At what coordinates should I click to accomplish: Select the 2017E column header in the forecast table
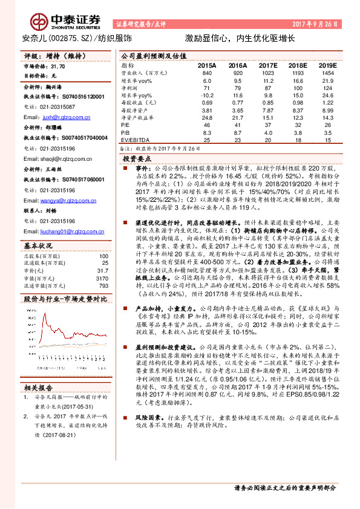click(267, 65)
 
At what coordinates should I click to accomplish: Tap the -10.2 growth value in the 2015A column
click(207, 96)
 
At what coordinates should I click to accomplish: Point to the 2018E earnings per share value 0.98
click(297, 103)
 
